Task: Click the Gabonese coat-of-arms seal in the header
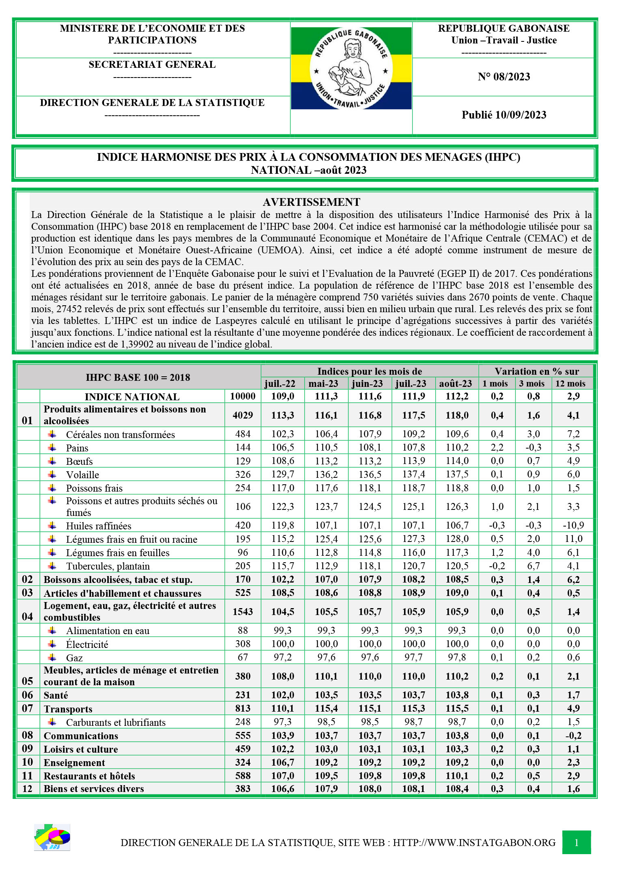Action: tap(351, 68)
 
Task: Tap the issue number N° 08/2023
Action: tap(503, 77)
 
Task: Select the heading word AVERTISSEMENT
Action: tap(311, 202)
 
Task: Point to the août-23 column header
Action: tap(456, 384)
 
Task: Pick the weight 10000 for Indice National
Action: tap(243, 396)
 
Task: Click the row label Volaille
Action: tap(82, 475)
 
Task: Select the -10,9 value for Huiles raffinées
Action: tap(573, 525)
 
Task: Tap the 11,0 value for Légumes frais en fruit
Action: tap(573, 539)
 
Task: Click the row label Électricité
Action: tap(87, 644)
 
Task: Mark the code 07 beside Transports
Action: tap(27, 708)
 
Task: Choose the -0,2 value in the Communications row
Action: tap(573, 736)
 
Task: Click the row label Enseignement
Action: tap(74, 763)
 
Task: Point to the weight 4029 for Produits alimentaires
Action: tap(243, 415)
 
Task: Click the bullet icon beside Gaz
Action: tap(52, 657)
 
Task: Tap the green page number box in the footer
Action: tap(576, 842)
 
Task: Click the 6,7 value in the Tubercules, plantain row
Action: tap(534, 566)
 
